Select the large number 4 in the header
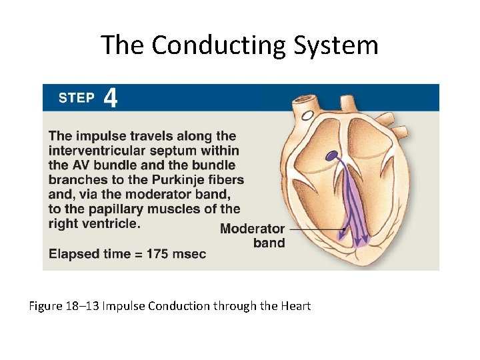[x=111, y=99]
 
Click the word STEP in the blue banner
[x=76, y=99]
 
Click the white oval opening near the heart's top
[x=308, y=116]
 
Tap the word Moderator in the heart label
[x=252, y=229]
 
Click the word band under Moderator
[x=269, y=243]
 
